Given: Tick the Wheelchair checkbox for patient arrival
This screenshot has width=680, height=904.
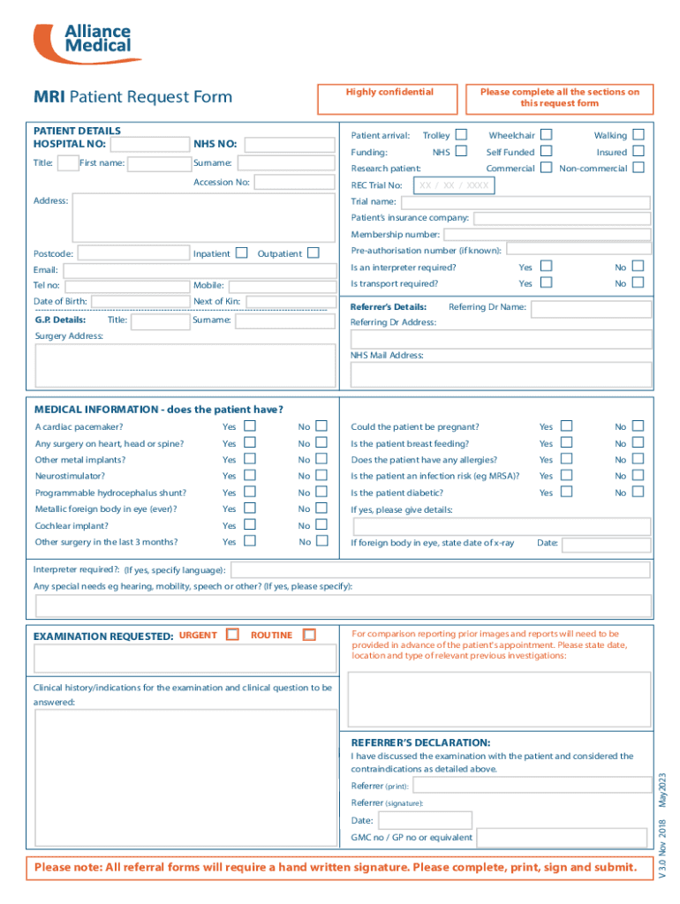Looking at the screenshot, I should pos(547,135).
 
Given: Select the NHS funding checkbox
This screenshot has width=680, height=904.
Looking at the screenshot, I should pos(461,152).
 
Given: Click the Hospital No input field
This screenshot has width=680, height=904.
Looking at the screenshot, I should pos(147,144).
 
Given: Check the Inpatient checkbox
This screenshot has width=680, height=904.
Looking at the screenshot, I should pos(241,253).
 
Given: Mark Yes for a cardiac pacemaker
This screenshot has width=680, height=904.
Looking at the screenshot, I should pos(250,426).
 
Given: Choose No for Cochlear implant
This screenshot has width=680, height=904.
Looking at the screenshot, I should pos(321,525).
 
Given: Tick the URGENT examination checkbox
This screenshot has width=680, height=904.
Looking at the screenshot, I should pos(232,635).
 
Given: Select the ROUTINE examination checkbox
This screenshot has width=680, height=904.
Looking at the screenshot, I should pos(309,635).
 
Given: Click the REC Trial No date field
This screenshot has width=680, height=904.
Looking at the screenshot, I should pos(453,185).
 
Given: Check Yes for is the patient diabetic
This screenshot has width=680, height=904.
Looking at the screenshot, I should pos(566,493).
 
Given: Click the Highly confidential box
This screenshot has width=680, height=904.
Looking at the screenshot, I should pos(389,99).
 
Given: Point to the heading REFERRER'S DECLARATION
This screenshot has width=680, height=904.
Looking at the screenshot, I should pos(420,742).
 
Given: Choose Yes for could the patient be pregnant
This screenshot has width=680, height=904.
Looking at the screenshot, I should pos(566,426).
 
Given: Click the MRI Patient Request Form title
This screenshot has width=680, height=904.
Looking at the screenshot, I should pos(132,97).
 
